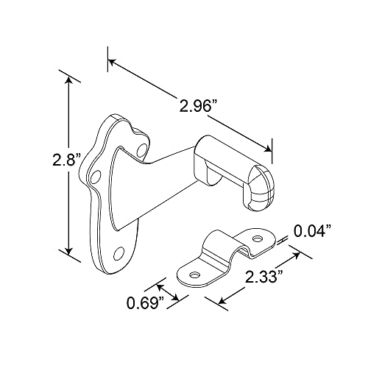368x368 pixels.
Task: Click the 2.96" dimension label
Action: point(196,106)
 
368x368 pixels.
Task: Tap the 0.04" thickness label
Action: point(313,231)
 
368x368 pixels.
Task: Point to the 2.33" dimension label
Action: point(262,277)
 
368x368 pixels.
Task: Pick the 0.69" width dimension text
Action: point(146,303)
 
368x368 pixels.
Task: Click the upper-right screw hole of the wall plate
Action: point(141,150)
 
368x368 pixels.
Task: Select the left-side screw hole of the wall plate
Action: point(95,177)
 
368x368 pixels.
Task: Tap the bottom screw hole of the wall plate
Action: point(118,253)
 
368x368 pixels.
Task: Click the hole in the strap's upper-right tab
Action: point(258,238)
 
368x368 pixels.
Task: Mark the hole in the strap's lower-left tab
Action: point(196,275)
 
